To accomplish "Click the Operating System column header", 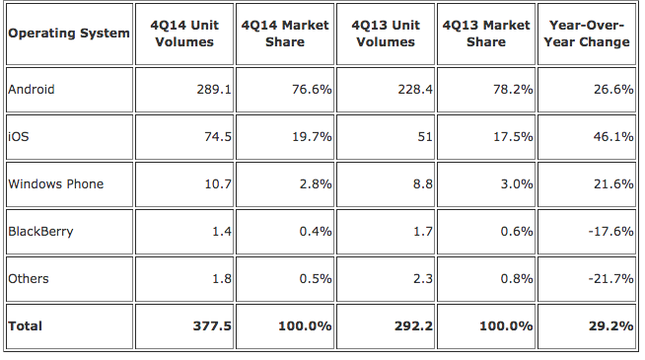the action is [69, 34].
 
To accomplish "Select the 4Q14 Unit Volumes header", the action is [184, 34].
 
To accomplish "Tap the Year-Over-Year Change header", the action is [587, 34].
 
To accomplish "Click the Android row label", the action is [32, 90].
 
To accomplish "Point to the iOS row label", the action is [19, 136].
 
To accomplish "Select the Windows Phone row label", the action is [56, 183].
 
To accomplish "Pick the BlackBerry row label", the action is [40, 232].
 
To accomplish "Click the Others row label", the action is [29, 279].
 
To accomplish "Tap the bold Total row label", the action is [25, 326].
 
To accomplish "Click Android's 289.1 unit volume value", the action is [214, 90].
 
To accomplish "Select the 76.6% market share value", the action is [312, 90].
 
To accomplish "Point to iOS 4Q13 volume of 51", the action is [425, 136].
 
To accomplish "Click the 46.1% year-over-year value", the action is [613, 136].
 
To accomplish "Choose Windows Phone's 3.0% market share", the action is [517, 183].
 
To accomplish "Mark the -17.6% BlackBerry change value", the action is [610, 232].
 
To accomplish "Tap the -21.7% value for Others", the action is [610, 279].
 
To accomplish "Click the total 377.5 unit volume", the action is [212, 326].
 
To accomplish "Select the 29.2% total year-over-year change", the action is [610, 326].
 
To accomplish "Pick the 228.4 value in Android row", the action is [415, 90].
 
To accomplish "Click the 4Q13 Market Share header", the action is [486, 34].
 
